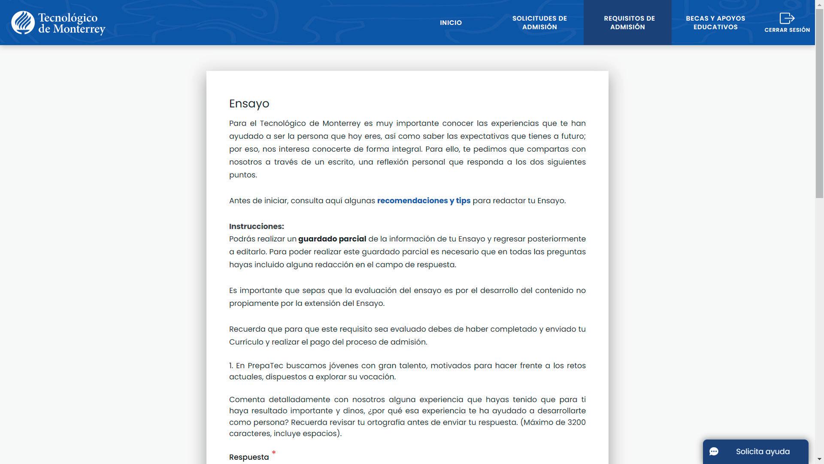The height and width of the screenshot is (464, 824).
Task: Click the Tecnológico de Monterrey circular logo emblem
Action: [x=23, y=23]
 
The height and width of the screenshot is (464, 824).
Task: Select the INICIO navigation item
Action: [x=451, y=23]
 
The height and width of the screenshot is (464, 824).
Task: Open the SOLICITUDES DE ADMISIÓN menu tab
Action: [x=539, y=23]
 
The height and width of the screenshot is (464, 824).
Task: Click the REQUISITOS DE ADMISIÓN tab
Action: [x=627, y=23]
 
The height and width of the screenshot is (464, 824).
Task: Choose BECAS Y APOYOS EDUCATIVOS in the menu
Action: [x=715, y=23]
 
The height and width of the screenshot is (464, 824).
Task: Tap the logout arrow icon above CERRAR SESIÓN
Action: [x=787, y=18]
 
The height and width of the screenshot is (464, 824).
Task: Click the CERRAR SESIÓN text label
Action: [x=787, y=30]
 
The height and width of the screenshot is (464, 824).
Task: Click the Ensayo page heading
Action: [x=249, y=104]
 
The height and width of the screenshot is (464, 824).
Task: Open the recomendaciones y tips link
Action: [x=424, y=201]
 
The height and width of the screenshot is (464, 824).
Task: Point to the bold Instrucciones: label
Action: [x=256, y=226]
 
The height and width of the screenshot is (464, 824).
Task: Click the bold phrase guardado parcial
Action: [x=332, y=239]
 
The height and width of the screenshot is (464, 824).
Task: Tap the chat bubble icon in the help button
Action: [x=714, y=452]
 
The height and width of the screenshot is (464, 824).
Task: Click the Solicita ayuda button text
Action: [x=763, y=452]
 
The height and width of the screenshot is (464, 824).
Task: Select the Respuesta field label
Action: [x=249, y=457]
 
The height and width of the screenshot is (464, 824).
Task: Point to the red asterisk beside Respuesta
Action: [x=274, y=452]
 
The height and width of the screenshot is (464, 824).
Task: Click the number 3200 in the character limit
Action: [x=576, y=422]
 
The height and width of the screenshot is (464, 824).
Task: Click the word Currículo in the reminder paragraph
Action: [x=246, y=342]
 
